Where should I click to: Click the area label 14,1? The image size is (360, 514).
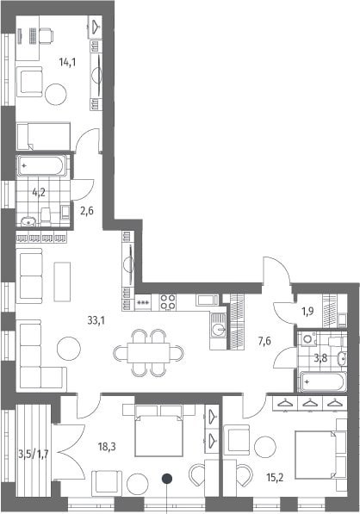click(x=67, y=62)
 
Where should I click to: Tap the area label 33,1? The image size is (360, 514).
click(x=96, y=320)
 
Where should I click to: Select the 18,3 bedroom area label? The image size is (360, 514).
click(x=107, y=446)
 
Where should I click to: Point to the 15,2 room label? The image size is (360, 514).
click(x=275, y=478)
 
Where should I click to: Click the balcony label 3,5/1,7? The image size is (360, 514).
click(x=34, y=455)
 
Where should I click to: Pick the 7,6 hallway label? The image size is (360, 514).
click(x=264, y=342)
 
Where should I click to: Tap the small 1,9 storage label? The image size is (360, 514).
click(x=307, y=311)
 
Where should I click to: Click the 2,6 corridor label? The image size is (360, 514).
click(x=87, y=210)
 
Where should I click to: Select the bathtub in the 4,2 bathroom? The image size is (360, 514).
click(x=41, y=165)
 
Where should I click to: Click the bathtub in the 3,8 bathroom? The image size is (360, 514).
click(x=323, y=382)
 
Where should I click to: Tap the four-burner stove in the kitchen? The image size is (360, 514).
click(x=168, y=302)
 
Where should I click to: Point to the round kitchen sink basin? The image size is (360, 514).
click(x=218, y=329)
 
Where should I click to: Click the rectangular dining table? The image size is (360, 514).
click(x=148, y=352)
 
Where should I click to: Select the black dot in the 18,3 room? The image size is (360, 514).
click(x=167, y=479)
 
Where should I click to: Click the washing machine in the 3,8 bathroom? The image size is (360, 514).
click(x=307, y=339)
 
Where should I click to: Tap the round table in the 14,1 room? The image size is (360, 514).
click(x=56, y=95)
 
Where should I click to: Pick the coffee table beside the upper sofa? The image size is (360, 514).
click(x=62, y=282)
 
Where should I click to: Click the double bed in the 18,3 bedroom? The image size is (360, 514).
click(x=159, y=430)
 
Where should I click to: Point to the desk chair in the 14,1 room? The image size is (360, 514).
click(x=47, y=35)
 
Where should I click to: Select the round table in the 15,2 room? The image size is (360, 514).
click(x=265, y=447)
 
